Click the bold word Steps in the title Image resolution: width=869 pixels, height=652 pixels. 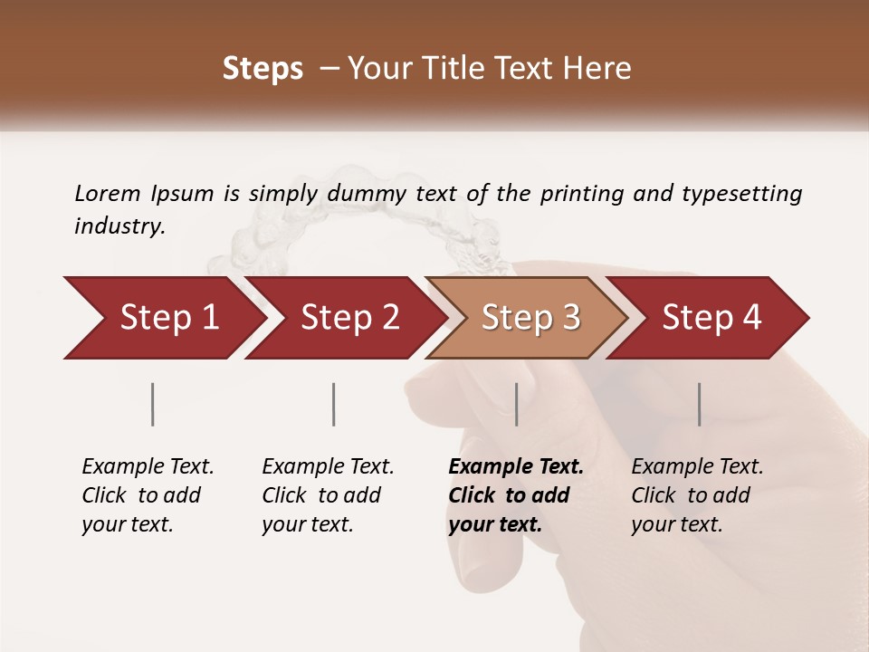(263, 69)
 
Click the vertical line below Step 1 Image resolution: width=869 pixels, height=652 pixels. (153, 404)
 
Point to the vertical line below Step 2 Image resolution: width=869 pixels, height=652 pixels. (334, 404)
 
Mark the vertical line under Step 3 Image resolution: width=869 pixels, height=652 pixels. (517, 404)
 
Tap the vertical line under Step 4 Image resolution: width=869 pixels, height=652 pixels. (699, 404)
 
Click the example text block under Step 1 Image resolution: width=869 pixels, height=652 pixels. (148, 495)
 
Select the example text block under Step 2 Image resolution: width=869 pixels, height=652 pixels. (328, 495)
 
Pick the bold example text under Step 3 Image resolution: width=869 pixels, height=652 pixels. (516, 495)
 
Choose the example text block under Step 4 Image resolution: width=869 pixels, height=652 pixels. (697, 495)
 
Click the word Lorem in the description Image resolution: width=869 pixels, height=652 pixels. (108, 193)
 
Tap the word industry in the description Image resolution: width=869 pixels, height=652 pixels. (119, 226)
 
